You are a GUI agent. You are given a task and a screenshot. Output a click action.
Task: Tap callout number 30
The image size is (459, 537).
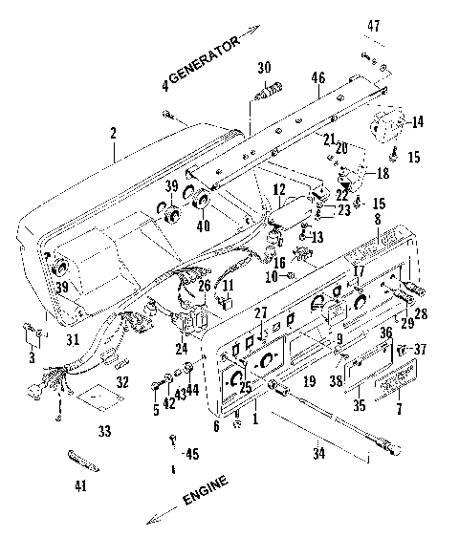pyautogui.click(x=264, y=68)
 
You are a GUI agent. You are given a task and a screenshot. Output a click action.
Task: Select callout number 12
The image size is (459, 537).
pyautogui.click(x=278, y=191)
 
